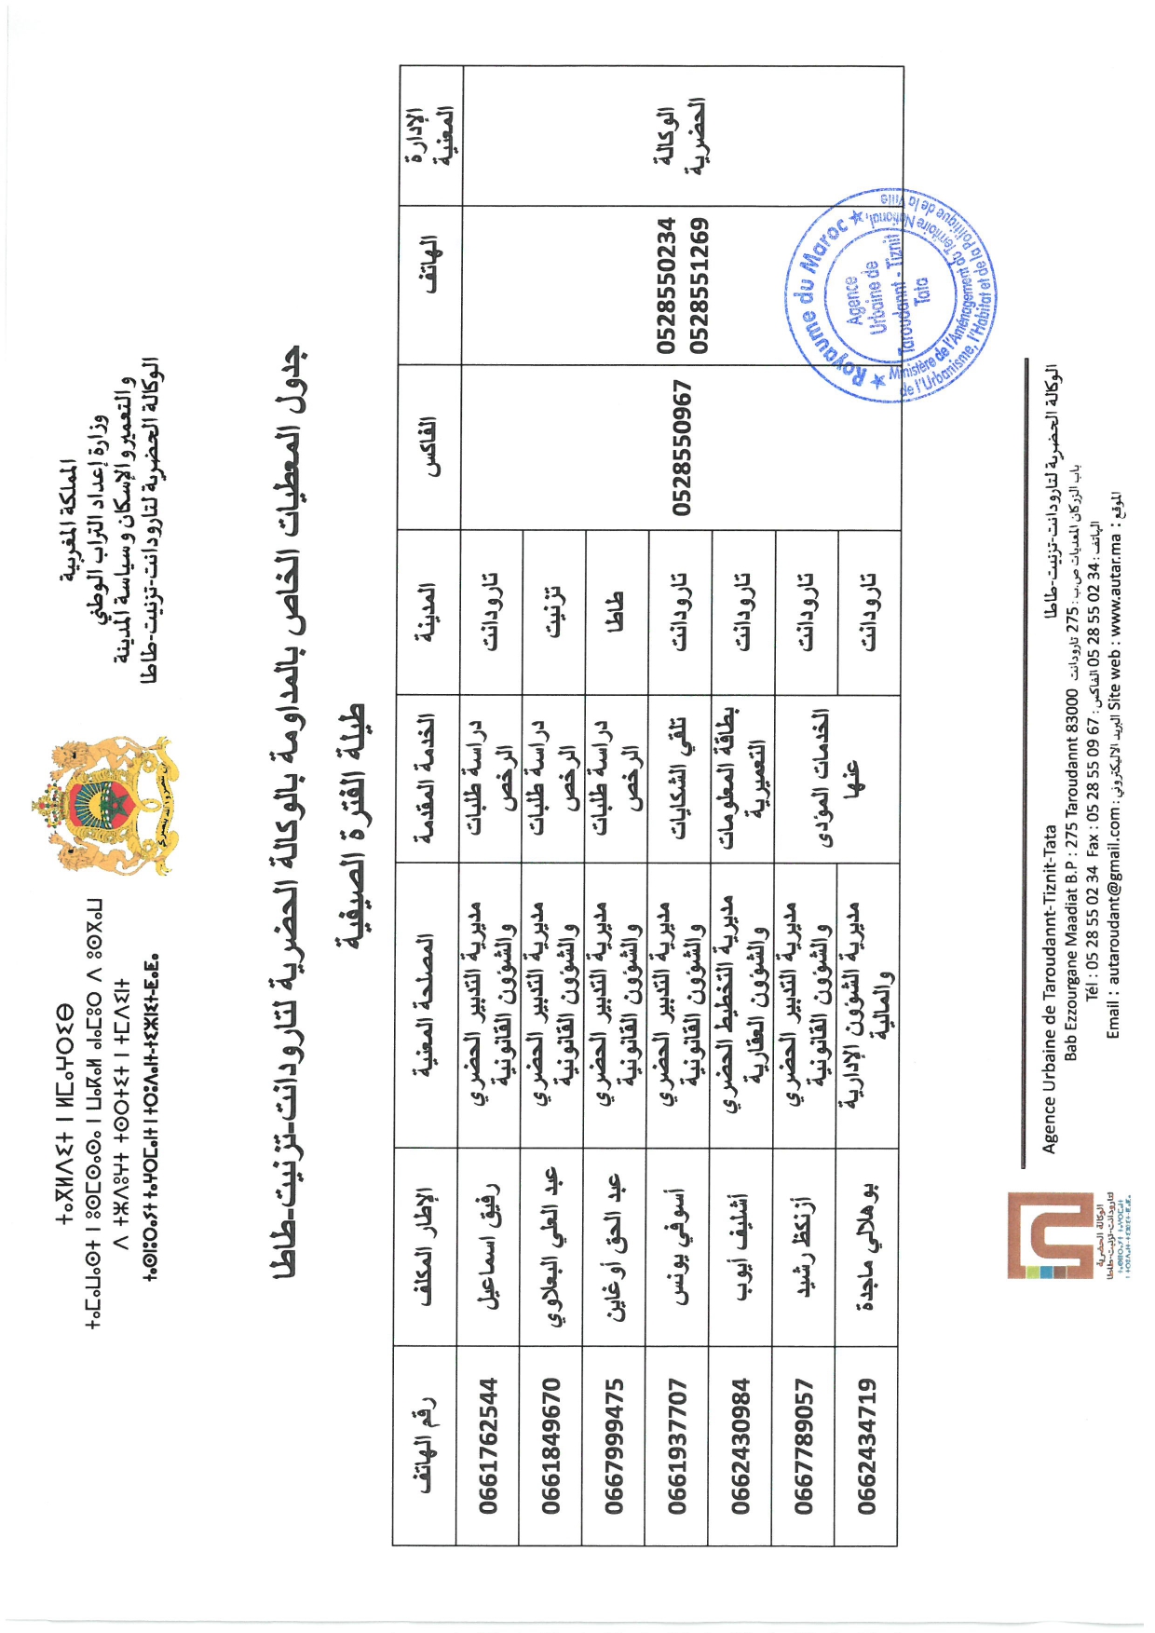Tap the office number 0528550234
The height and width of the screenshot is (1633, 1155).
pos(666,285)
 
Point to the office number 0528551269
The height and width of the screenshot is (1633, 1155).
pos(700,285)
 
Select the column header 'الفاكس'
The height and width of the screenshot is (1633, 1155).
pos(429,447)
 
